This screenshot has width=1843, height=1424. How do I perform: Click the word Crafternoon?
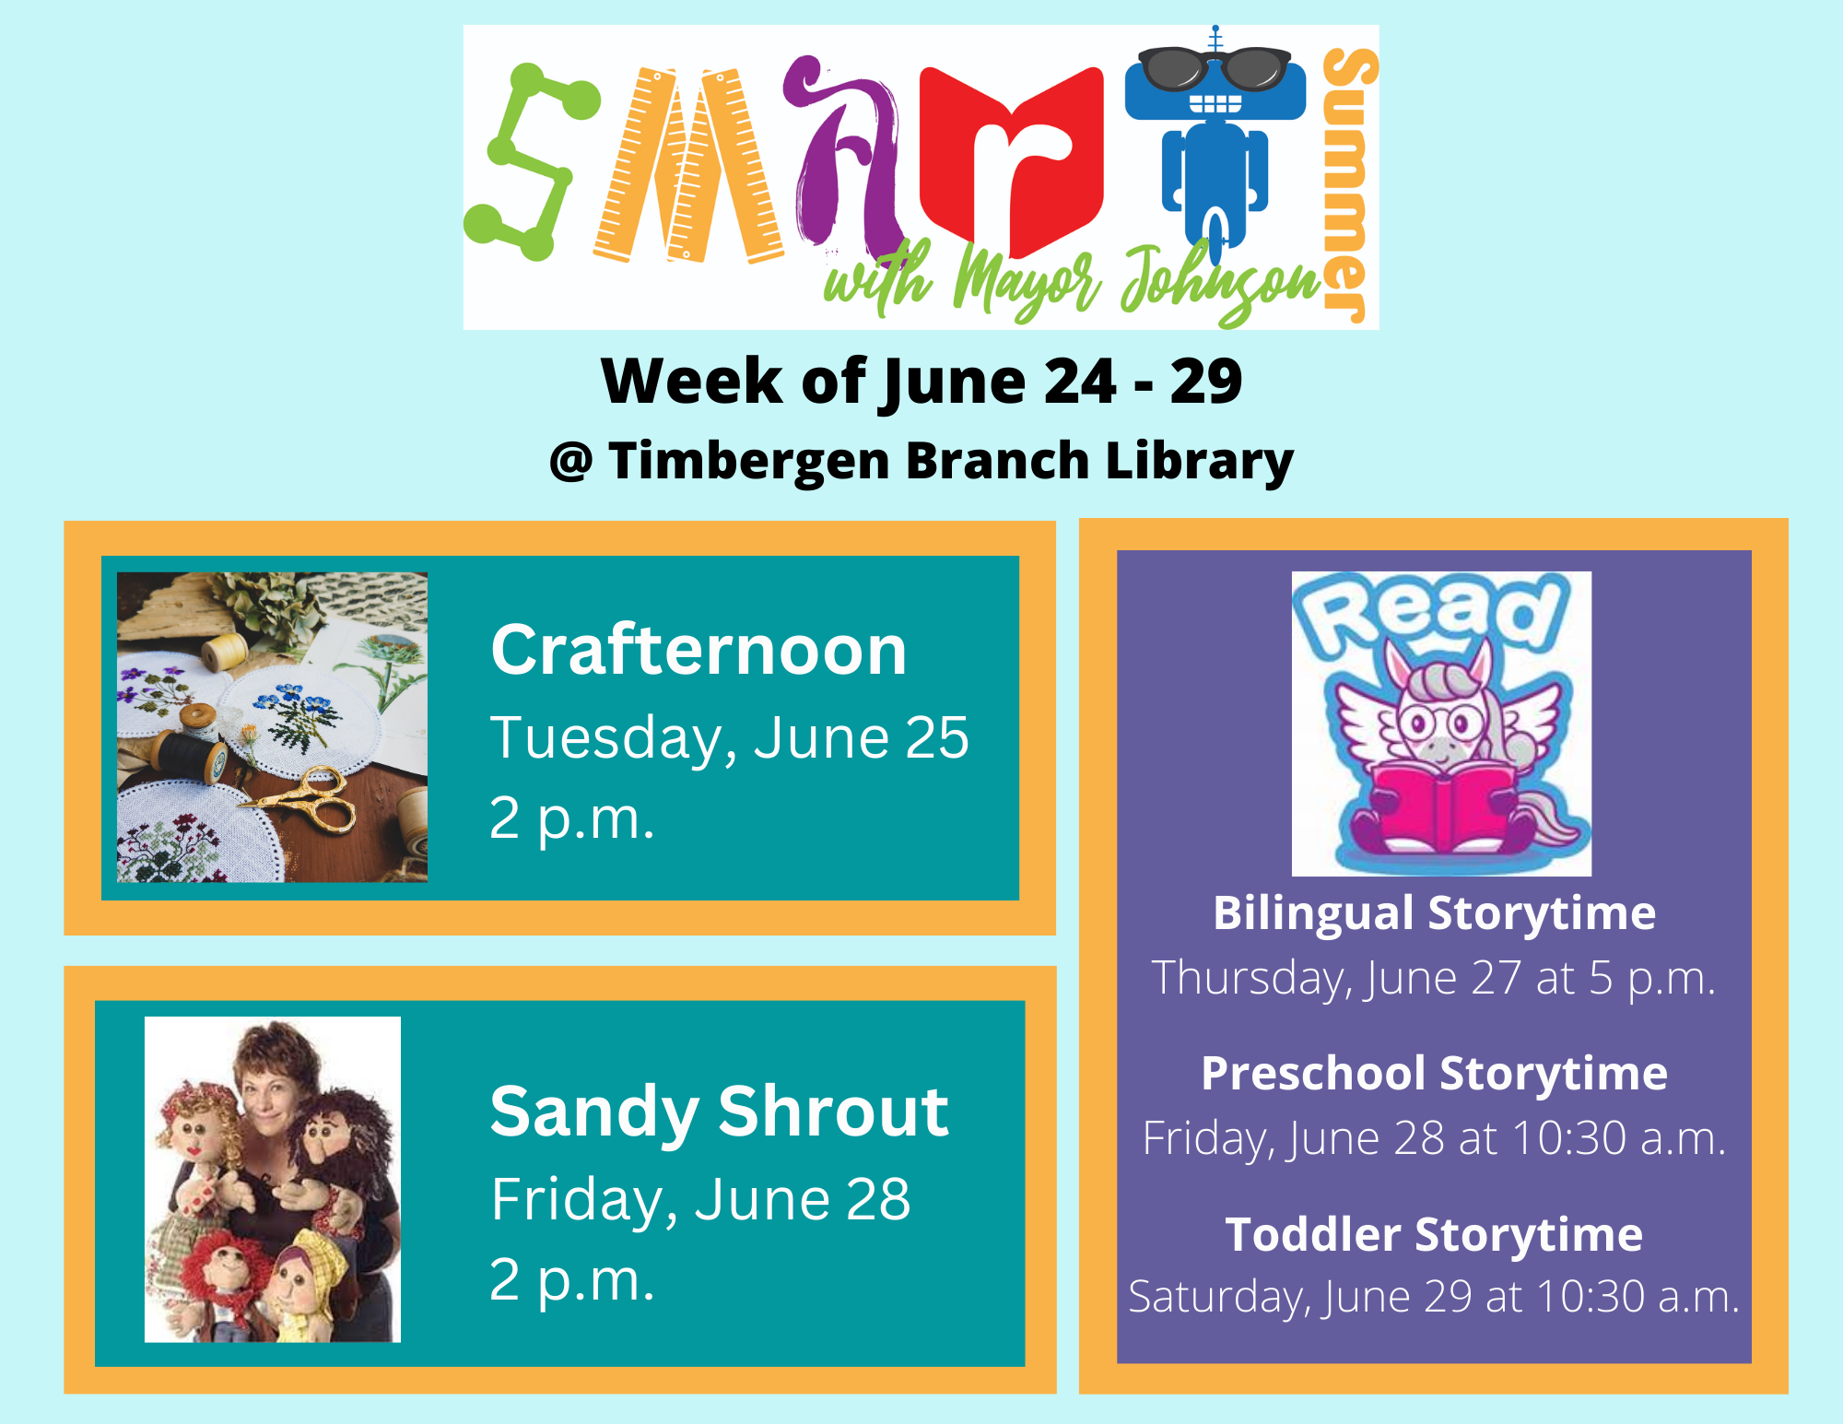[x=698, y=650]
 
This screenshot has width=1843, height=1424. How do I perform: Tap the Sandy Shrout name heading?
[x=719, y=1112]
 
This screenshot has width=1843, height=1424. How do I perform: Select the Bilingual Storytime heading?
[x=1434, y=913]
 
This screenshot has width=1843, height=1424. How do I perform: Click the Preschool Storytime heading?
[x=1434, y=1074]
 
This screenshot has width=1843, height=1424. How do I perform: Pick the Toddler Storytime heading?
[x=1434, y=1234]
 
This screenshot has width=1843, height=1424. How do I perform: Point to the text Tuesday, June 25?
[x=729, y=737]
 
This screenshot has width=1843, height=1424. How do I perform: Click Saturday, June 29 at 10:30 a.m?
[x=1434, y=1297]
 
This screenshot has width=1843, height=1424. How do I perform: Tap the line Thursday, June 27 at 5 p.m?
[x=1434, y=978]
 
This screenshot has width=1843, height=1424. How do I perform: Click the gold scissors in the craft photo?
[x=313, y=798]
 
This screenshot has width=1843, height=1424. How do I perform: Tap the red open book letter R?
[x=1012, y=161]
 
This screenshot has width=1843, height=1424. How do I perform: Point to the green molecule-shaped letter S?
[x=530, y=161]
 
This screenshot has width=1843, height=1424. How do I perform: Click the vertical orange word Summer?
[x=1347, y=184]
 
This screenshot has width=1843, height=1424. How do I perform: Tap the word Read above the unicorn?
[x=1430, y=613]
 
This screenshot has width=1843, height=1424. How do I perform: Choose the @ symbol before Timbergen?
[x=570, y=461]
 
